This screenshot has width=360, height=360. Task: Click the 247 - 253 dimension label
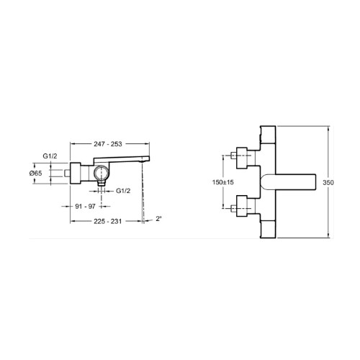108,144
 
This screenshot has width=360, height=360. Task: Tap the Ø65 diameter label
36,173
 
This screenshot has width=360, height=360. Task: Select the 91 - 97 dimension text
85,206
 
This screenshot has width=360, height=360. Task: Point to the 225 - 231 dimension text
108,221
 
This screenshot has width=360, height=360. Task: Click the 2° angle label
159,219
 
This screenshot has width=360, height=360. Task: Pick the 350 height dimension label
328,183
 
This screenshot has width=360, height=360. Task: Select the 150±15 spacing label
222,182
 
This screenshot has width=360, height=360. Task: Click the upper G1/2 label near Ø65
50,156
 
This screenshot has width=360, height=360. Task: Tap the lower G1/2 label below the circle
123,191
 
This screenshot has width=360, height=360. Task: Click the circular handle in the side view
102,174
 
